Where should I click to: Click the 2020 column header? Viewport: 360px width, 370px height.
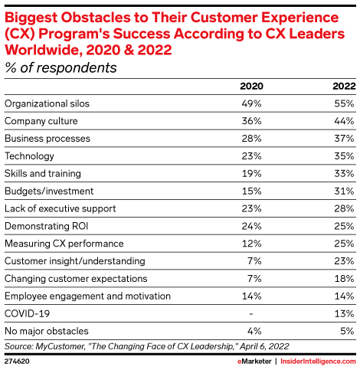[252, 86]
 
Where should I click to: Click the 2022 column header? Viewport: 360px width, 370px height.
[342, 86]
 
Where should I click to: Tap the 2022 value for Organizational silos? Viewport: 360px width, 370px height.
[343, 103]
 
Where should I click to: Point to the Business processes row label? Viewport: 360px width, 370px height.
[47, 139]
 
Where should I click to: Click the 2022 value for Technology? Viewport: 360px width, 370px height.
[343, 156]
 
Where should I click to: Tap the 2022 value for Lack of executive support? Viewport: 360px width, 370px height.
[343, 208]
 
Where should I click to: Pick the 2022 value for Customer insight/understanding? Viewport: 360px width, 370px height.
[343, 261]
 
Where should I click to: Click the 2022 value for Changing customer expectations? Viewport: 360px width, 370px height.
[343, 278]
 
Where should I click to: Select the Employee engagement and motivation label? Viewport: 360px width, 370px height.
[77, 296]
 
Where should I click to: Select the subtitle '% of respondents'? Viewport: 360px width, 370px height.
[61, 67]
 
